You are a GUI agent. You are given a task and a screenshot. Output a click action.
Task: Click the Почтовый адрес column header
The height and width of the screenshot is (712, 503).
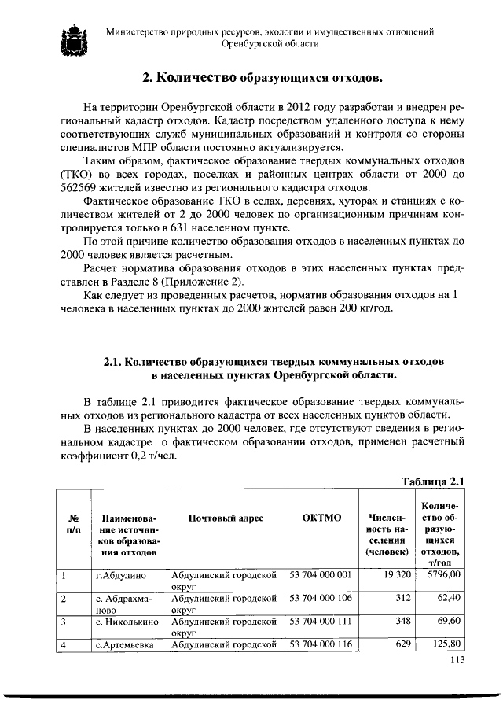(x=226, y=518)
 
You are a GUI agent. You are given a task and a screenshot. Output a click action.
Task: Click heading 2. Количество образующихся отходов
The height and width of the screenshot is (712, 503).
(x=263, y=78)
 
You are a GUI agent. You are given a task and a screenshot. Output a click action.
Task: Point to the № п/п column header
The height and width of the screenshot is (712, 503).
(x=72, y=524)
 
